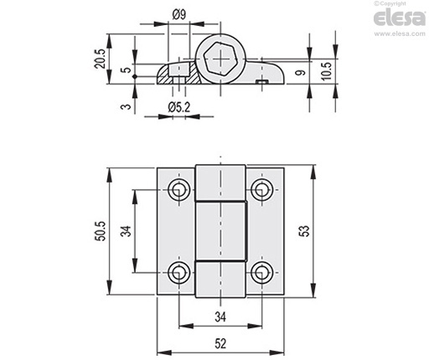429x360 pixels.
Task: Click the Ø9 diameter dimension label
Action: pyautogui.click(x=179, y=14)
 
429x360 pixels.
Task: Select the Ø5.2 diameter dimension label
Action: pyautogui.click(x=179, y=107)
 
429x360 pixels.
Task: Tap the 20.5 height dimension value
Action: pyautogui.click(x=100, y=59)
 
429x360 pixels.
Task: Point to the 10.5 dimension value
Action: pyautogui.click(x=326, y=71)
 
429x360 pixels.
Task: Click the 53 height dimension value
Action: pyautogui.click(x=305, y=231)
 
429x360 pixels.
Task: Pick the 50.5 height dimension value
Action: pyautogui.click(x=101, y=231)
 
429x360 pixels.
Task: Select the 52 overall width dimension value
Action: pyautogui.click(x=220, y=343)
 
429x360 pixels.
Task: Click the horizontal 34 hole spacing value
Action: pyautogui.click(x=220, y=317)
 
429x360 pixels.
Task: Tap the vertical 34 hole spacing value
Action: pyautogui.click(x=126, y=231)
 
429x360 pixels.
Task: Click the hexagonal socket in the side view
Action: pyautogui.click(x=220, y=59)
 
